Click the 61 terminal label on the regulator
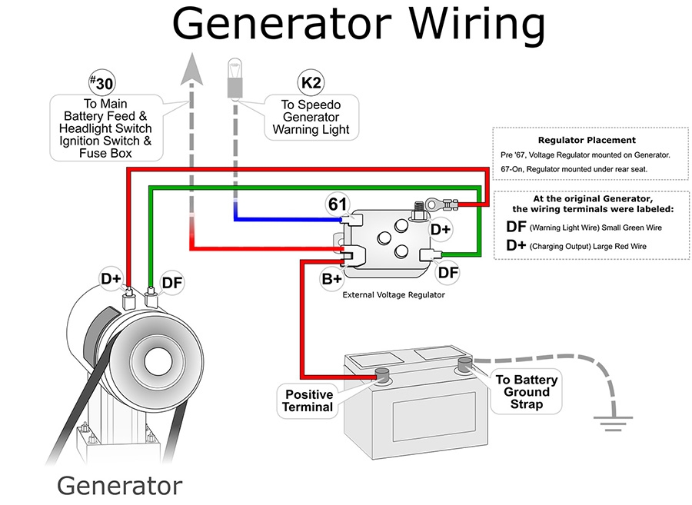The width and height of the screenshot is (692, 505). [x=338, y=204]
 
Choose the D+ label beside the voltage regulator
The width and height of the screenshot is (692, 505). [x=441, y=228]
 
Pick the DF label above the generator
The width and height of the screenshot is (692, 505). [x=172, y=283]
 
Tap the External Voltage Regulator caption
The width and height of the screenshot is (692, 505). [x=393, y=294]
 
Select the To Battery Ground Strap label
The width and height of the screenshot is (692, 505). [x=526, y=392]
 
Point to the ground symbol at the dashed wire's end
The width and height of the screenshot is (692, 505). [x=613, y=418]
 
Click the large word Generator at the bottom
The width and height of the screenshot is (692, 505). [x=120, y=486]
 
